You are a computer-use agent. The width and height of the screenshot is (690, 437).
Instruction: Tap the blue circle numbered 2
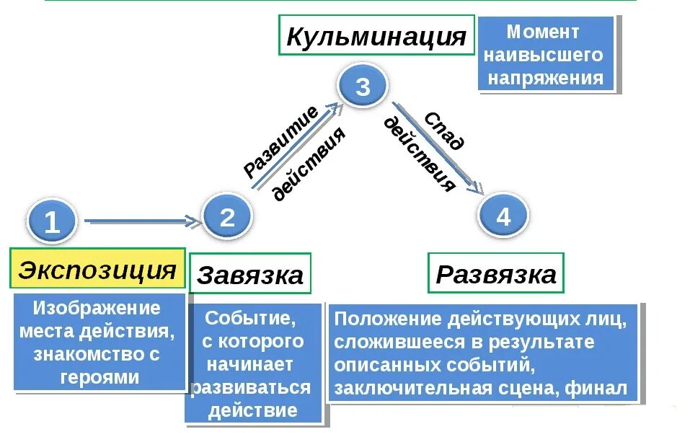[227, 216]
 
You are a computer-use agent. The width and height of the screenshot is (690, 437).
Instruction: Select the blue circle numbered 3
[363, 87]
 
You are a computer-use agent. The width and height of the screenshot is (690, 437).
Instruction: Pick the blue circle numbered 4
[503, 216]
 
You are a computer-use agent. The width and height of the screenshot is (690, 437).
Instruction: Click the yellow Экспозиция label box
[97, 270]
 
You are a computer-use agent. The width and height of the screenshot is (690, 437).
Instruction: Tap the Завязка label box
[250, 274]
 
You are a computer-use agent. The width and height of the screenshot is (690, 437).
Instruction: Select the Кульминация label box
[376, 35]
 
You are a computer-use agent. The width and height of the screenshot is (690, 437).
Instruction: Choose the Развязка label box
[496, 273]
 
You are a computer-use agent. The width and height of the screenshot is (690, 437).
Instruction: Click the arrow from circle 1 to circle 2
[141, 221]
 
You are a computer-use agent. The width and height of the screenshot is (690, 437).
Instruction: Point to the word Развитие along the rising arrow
[280, 141]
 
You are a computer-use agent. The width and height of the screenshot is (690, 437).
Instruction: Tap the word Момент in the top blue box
[543, 32]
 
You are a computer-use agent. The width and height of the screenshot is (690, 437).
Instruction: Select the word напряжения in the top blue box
[545, 78]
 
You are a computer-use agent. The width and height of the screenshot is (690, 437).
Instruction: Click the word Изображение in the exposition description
[97, 309]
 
